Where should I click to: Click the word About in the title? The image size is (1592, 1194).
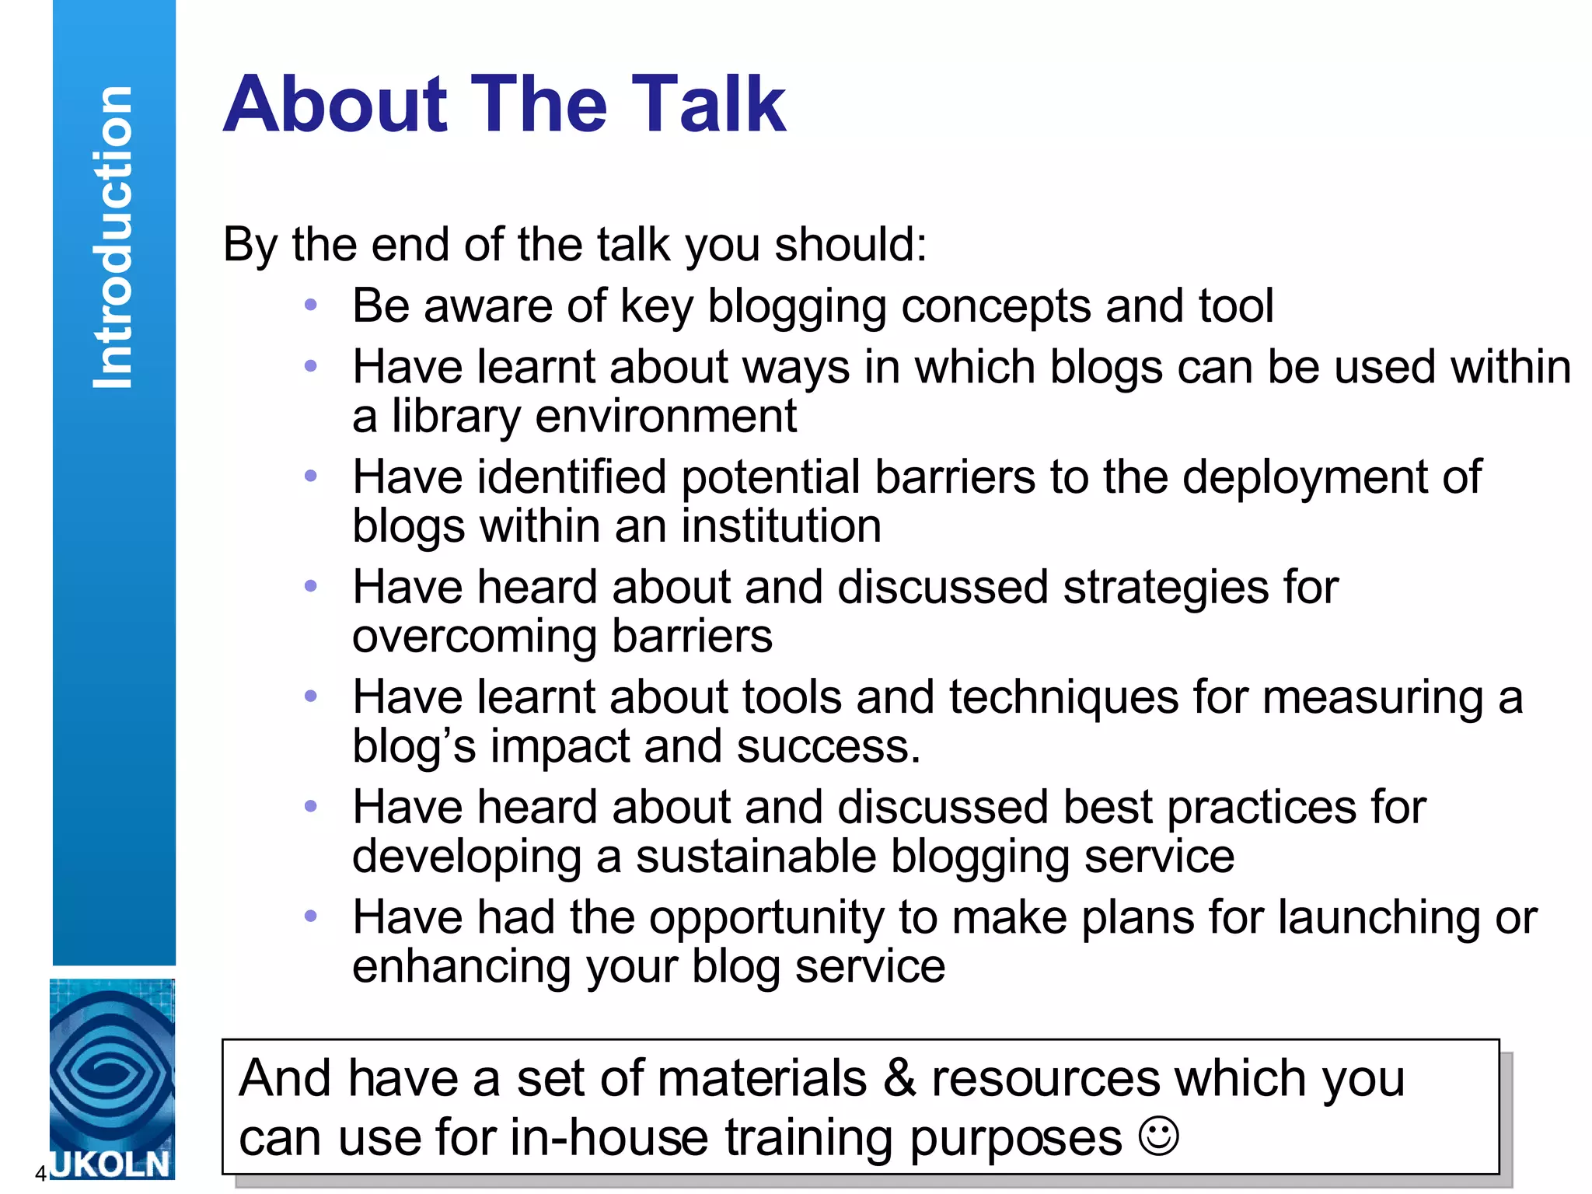[335, 104]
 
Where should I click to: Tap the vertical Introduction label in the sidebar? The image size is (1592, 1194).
[113, 237]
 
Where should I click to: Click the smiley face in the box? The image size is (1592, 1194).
[1158, 1136]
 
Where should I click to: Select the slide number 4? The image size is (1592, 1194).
[40, 1174]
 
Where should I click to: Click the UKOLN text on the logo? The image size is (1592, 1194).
[110, 1164]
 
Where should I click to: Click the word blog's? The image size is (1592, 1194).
[414, 747]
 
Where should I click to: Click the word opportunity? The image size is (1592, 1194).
[766, 918]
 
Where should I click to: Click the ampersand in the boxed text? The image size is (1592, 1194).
[899, 1079]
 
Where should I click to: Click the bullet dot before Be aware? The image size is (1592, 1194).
[311, 305]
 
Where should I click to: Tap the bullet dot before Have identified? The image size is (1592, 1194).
[311, 476]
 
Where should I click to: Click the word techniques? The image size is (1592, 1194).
[1063, 696]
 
